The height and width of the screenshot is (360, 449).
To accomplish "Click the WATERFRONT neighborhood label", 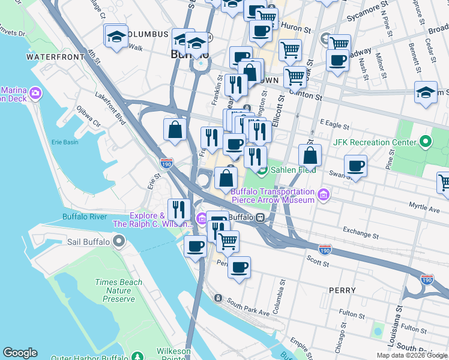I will pyautogui.click(x=55, y=57).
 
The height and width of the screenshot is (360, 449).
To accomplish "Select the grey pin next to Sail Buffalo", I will pyautogui.click(x=119, y=242).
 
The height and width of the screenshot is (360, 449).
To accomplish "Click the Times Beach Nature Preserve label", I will pyautogui.click(x=118, y=290).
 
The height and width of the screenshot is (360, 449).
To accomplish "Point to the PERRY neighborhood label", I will pyautogui.click(x=342, y=290).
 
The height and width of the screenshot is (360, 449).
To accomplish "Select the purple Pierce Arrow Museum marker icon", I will pyautogui.click(x=324, y=195).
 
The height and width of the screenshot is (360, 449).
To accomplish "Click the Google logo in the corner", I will pyautogui.click(x=20, y=353).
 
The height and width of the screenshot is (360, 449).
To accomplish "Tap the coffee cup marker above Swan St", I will pyautogui.click(x=355, y=165).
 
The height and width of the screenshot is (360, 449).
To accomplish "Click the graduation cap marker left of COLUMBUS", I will pyautogui.click(x=115, y=36).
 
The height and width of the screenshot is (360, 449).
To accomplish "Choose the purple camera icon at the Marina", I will pyautogui.click(x=35, y=93).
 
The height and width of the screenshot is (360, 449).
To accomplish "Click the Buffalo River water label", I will pyautogui.click(x=85, y=217).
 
